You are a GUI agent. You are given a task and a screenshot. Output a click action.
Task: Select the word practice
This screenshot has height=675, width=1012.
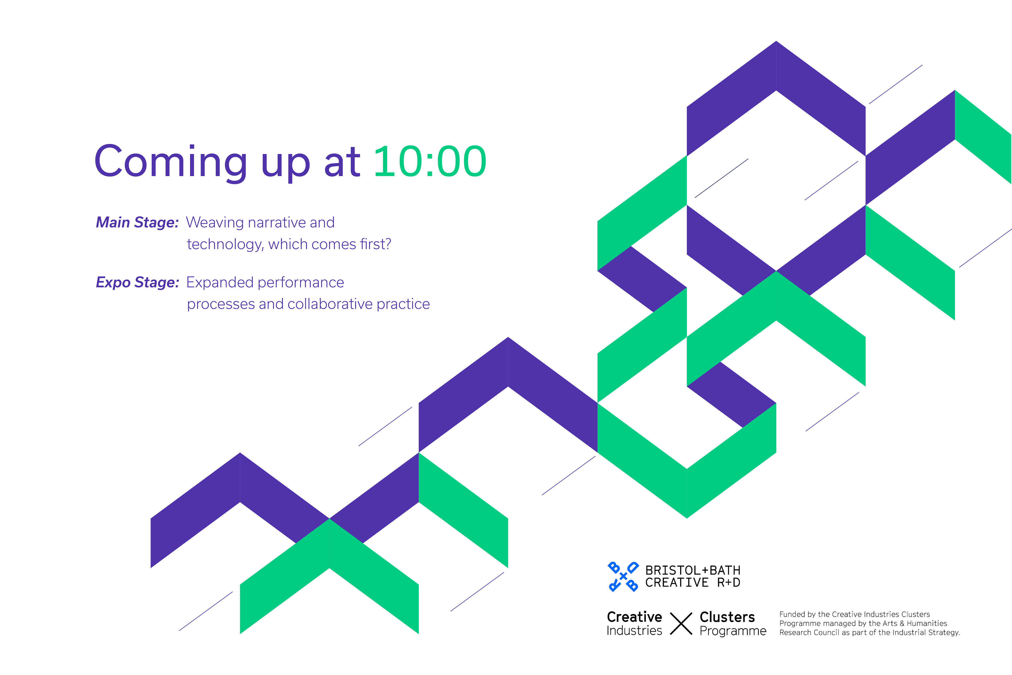[x=403, y=304]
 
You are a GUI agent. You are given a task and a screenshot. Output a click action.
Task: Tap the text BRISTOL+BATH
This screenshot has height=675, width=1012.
[x=693, y=570]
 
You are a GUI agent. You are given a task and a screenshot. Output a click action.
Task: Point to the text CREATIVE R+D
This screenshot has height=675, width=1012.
[x=693, y=582]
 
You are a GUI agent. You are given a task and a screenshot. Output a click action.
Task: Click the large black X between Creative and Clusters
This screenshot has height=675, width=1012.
[x=681, y=623]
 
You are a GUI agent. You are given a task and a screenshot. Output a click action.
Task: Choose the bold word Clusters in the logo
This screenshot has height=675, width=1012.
[x=727, y=617]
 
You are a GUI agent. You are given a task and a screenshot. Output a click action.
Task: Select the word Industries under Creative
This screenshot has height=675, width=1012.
[x=634, y=631]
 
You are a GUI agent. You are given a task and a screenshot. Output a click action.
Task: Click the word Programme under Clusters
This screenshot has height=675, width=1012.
[x=733, y=631]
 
